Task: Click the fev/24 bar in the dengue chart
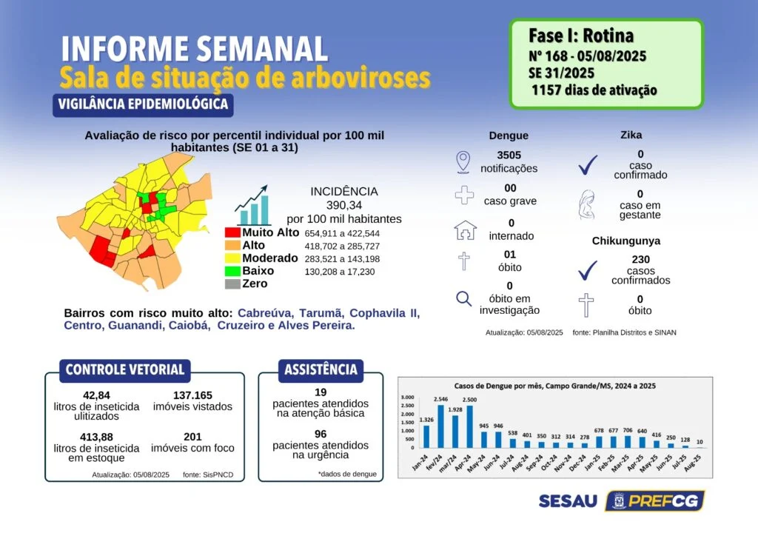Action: point(440,426)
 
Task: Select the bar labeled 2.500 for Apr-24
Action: point(469,426)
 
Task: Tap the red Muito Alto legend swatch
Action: point(232,232)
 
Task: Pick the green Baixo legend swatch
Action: point(232,271)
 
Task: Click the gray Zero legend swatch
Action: point(232,284)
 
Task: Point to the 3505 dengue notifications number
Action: point(509,155)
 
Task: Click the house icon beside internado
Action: point(465,230)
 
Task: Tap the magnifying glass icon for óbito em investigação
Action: point(463,298)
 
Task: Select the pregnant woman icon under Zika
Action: point(587,205)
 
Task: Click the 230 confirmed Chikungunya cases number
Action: point(640,260)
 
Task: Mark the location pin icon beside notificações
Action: point(463,162)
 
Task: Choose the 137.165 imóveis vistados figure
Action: point(192,395)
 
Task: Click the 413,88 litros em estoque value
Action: point(96,437)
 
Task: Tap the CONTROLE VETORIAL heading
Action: point(125,370)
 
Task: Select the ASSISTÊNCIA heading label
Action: point(321,370)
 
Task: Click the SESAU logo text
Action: point(568,500)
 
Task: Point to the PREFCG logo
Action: point(655,500)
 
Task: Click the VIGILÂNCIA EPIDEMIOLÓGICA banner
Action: point(143,104)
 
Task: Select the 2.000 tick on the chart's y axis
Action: point(408,414)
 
